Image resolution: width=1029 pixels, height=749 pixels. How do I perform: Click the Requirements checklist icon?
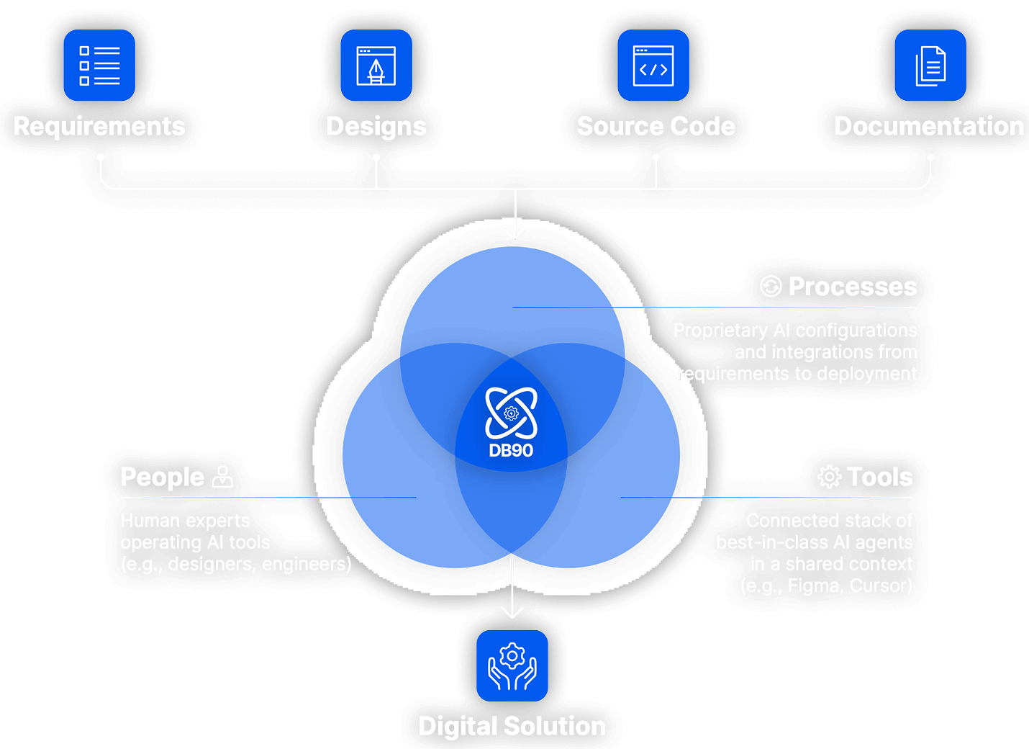(99, 66)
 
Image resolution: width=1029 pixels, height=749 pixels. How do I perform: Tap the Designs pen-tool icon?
(376, 66)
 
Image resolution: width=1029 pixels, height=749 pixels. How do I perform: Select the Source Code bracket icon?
(653, 66)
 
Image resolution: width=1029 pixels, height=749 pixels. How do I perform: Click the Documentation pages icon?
(930, 66)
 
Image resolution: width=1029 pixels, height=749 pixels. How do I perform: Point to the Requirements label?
(99, 127)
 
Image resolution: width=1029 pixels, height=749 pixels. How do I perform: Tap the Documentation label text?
(929, 127)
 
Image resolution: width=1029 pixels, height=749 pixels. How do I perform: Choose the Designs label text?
(376, 127)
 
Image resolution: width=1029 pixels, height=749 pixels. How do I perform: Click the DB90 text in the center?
(511, 451)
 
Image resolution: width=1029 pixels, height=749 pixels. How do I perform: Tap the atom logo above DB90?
(511, 413)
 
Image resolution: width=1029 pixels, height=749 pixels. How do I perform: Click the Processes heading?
(853, 287)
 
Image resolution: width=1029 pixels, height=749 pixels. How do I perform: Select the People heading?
(163, 477)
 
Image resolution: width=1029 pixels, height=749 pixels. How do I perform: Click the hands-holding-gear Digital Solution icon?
(512, 665)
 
